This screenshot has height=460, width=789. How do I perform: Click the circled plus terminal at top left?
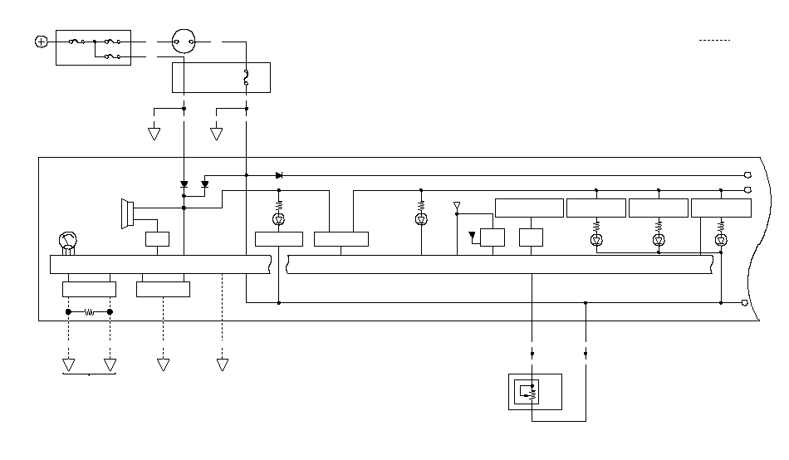[42, 41]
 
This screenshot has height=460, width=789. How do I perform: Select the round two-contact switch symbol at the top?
[183, 40]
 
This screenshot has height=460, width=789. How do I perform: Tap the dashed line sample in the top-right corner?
[714, 40]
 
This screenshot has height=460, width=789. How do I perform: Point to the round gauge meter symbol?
[66, 242]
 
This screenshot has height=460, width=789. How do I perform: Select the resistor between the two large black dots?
[89, 312]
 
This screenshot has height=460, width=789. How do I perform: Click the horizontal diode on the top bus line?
[279, 175]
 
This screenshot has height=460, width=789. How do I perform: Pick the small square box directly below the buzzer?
[157, 240]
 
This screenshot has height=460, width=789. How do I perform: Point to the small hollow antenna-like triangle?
[456, 204]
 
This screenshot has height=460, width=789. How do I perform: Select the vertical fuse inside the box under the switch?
[246, 78]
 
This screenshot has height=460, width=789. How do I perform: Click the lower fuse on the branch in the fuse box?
[113, 56]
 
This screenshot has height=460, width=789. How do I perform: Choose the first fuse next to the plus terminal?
[76, 41]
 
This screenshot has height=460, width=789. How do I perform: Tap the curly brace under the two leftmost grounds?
[89, 375]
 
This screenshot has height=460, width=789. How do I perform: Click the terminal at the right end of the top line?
[747, 175]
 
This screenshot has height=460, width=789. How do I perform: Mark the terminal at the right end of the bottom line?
[744, 303]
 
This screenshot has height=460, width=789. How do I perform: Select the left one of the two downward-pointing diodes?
[184, 184]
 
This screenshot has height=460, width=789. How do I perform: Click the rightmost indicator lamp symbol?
[721, 240]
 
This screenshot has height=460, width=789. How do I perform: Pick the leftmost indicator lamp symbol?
[278, 219]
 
